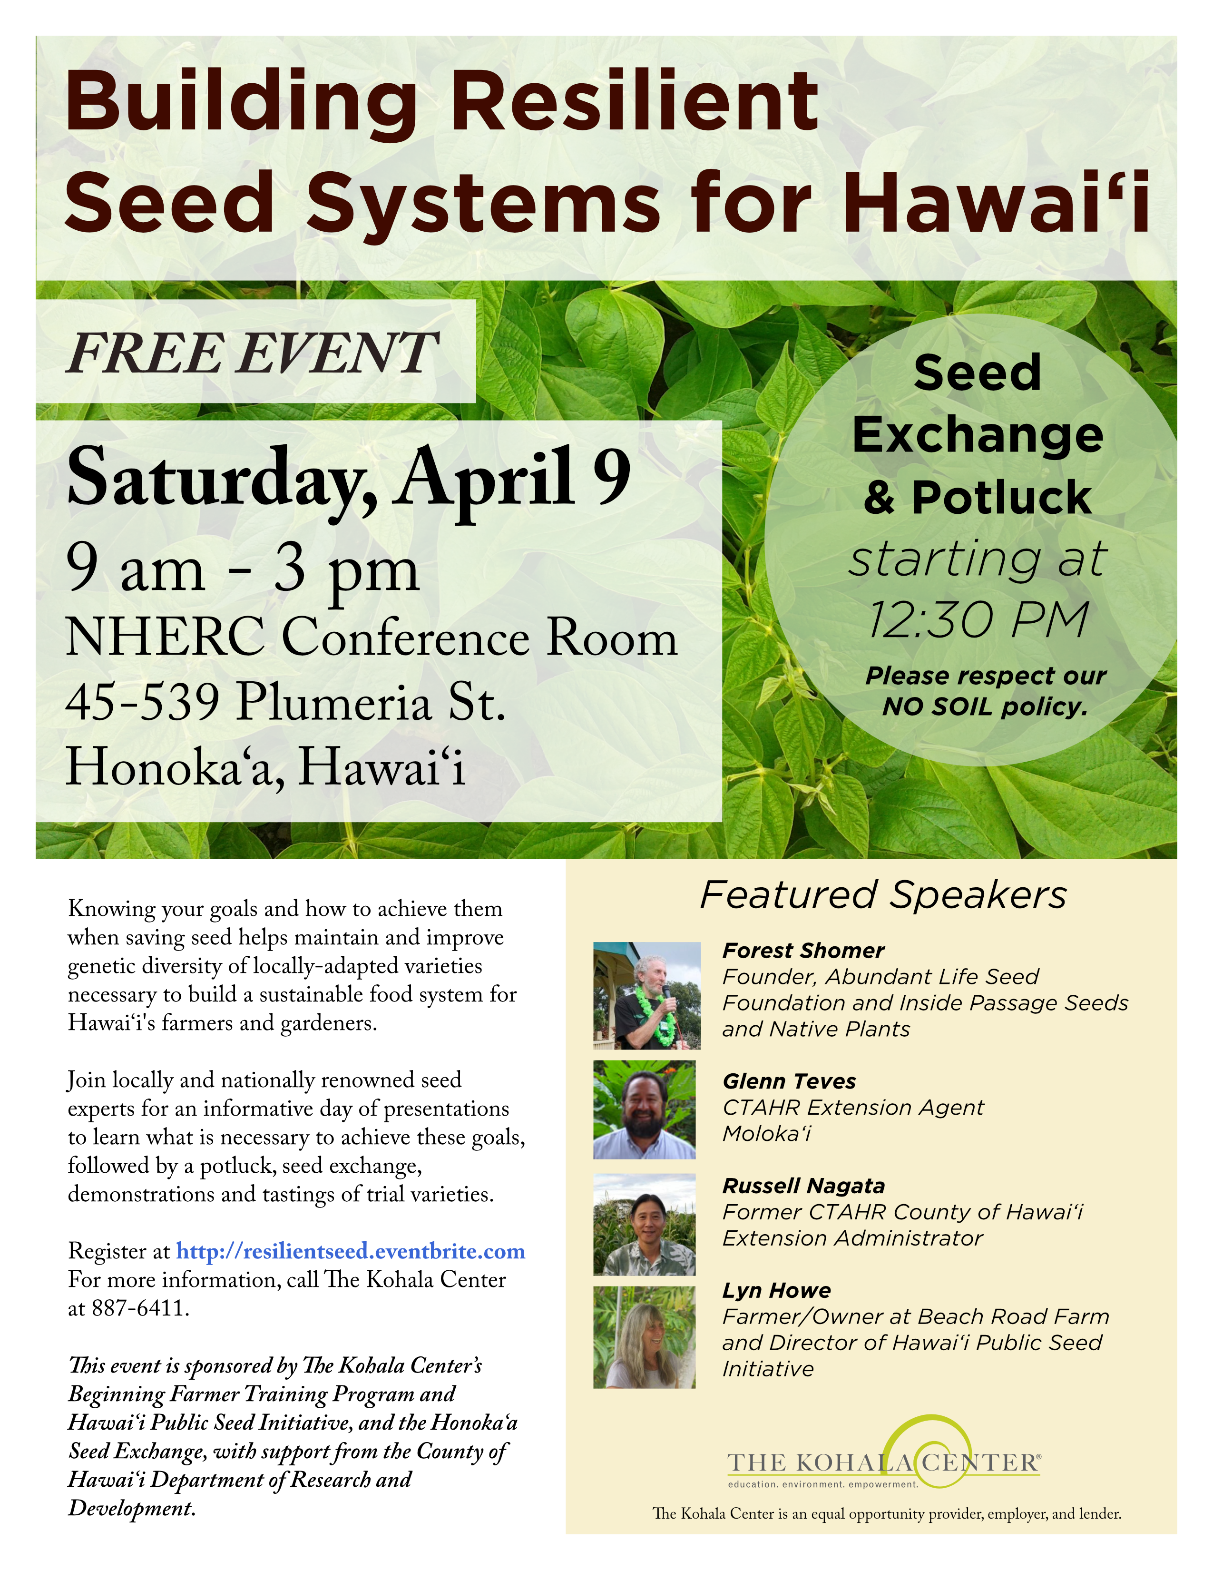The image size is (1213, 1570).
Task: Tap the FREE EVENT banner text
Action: click(x=252, y=353)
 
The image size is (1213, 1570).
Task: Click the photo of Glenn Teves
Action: click(x=645, y=1109)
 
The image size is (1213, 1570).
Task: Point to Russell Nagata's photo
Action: click(x=645, y=1224)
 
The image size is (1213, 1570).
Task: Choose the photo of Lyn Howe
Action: click(x=645, y=1337)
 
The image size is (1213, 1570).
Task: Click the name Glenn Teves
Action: click(x=789, y=1081)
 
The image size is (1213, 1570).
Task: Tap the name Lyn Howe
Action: click(x=777, y=1290)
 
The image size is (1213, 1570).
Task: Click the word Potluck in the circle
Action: click(x=1002, y=498)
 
